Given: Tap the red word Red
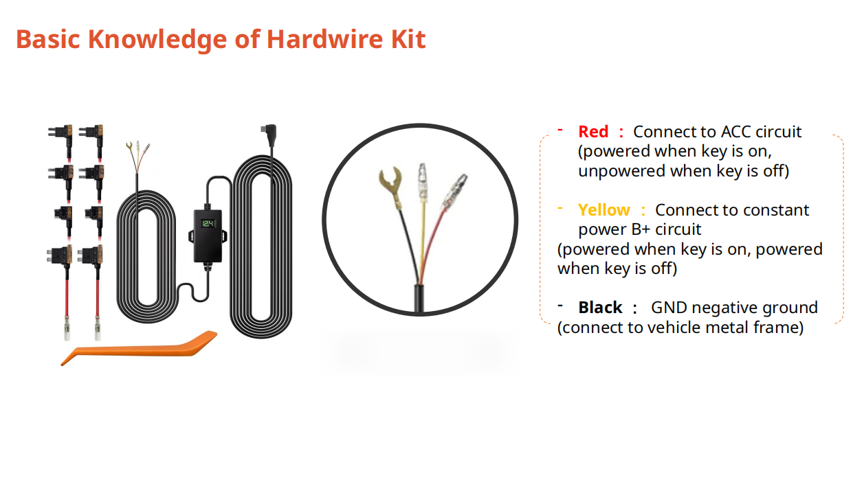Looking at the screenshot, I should (593, 131).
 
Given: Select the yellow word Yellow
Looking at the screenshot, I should (603, 210).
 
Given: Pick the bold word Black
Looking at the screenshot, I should (600, 308).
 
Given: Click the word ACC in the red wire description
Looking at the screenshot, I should (735, 131).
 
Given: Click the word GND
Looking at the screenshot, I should (669, 308).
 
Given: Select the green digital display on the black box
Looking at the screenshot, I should (208, 225).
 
